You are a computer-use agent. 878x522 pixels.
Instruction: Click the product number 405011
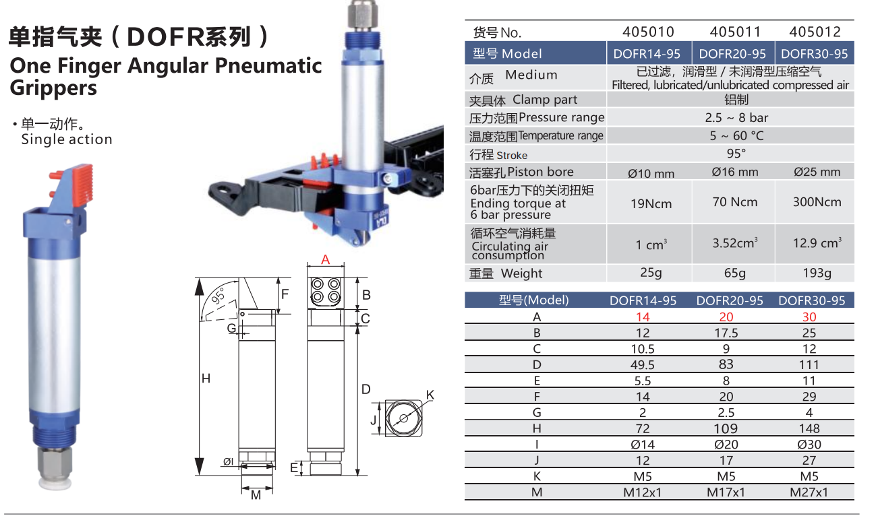coord(735,32)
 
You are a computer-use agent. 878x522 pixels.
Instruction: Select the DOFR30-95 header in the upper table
coord(814,54)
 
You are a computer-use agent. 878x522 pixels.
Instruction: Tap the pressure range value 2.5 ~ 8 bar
coord(736,117)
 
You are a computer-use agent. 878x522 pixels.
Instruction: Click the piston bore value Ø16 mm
coord(735,172)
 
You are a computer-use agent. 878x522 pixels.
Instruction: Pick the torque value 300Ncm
coord(817,201)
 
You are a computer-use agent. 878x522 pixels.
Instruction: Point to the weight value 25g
coord(651,272)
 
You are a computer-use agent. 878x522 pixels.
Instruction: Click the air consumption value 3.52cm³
coord(735,242)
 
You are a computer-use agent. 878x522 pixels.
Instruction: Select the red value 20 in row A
coord(726,317)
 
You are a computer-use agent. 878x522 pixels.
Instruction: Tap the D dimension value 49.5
coord(643,364)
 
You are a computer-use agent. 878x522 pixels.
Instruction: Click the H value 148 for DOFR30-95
coord(809,428)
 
